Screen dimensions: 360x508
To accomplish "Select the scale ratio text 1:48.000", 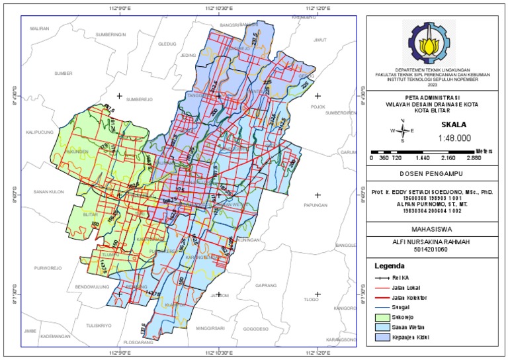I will [454, 138].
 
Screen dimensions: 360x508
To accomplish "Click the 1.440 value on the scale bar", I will [423, 158].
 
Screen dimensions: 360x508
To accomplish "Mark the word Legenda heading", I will [390, 265].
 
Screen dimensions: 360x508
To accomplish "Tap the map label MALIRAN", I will [40, 28].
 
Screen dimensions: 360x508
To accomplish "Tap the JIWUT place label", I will [320, 40].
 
